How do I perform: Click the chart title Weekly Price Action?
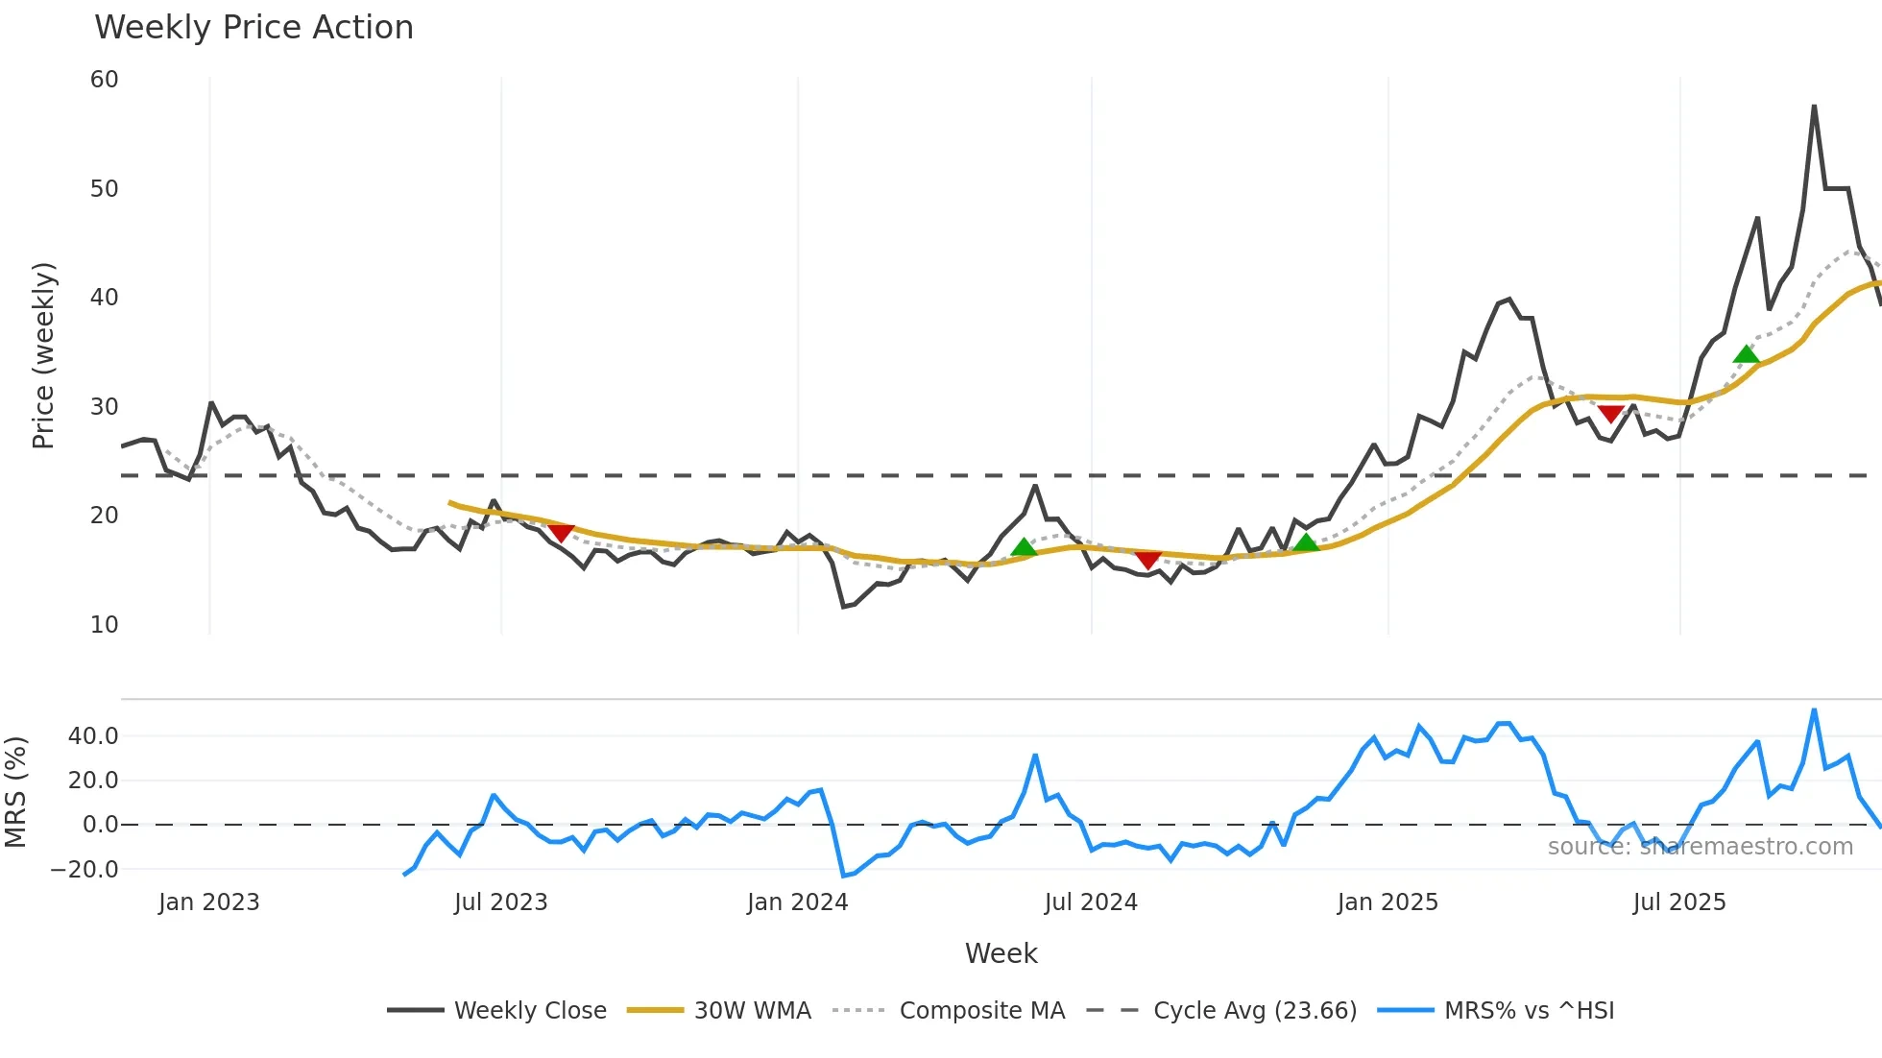click(253, 28)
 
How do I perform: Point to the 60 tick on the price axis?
click(105, 80)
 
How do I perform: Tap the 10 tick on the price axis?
click(105, 625)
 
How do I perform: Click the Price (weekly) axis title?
click(44, 355)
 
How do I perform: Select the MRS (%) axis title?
click(15, 792)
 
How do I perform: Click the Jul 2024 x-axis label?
click(1091, 902)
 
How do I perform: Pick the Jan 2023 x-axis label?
click(209, 902)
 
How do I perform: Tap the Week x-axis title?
click(1001, 953)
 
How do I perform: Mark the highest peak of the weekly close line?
click(1814, 106)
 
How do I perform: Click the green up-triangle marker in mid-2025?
click(1747, 354)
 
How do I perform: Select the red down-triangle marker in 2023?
click(561, 533)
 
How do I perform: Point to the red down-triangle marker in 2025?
click(1611, 414)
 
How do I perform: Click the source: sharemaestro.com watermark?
click(1700, 847)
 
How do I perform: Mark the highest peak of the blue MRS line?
click(1814, 710)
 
